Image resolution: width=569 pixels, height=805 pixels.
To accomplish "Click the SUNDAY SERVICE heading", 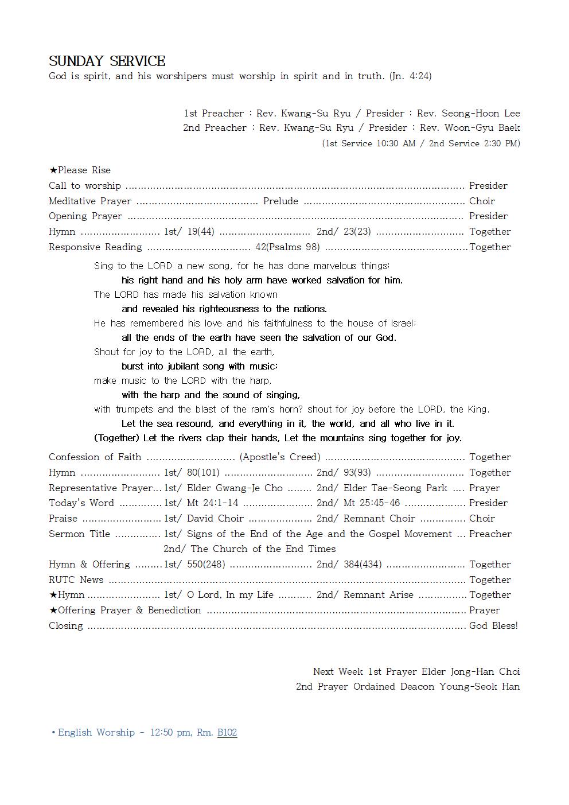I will coord(107,61).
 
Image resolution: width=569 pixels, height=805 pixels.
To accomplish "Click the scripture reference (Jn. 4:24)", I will coord(410,76).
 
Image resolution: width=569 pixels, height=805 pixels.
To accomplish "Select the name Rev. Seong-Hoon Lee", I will coord(468,113).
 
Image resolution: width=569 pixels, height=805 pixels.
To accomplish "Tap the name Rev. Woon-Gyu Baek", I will coord(470,127).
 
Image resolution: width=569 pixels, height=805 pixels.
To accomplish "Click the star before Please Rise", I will coord(53,170).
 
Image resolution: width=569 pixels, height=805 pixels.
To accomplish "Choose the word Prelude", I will coord(280,201).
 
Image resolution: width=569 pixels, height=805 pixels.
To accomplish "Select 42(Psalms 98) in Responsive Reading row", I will coord(287,247).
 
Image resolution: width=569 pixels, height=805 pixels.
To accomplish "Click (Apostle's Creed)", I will coord(280,457).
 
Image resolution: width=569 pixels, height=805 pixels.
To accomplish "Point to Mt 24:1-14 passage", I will coord(212,503).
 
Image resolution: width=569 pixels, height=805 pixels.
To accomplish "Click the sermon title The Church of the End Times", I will coord(263,549).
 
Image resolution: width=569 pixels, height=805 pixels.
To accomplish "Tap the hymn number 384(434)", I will coord(363,565).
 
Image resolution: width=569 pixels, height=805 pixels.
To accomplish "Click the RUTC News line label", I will coord(76,580).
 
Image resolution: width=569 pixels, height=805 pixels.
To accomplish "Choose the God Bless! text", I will coord(493,626).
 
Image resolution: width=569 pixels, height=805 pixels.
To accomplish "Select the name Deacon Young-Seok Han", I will coord(480,687).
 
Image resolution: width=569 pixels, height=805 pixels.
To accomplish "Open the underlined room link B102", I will coord(227,733).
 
